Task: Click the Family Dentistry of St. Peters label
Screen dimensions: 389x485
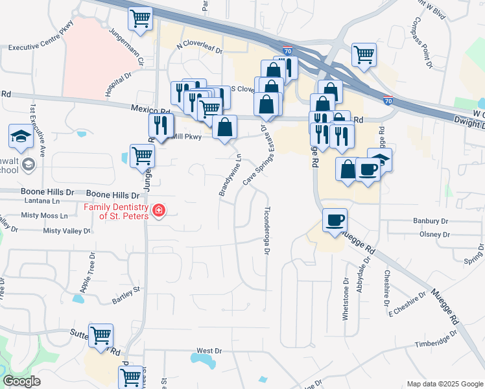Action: (x=115, y=211)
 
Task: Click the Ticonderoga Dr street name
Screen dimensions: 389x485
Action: (x=266, y=231)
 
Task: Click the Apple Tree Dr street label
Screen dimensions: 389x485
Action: (x=86, y=270)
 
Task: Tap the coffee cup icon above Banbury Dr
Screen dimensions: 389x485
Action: (x=335, y=220)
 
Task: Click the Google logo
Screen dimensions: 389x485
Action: (x=21, y=382)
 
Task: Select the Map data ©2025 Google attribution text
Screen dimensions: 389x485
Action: (x=444, y=384)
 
